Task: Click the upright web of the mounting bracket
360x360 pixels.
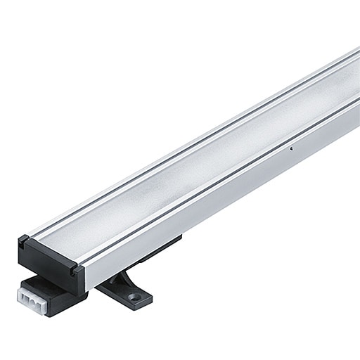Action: click(120, 279)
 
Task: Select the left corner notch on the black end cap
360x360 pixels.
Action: click(23, 240)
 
